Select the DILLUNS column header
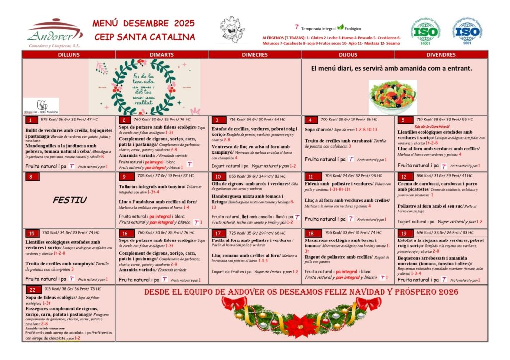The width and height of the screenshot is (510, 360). [x=68, y=55]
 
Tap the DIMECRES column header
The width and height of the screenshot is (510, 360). [x=255, y=55]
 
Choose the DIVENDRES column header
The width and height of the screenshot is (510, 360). [x=441, y=55]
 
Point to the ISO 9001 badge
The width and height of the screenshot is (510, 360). [x=466, y=31]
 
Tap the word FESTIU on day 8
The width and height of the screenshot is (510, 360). [x=69, y=200]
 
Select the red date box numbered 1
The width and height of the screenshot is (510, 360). [x=31, y=120]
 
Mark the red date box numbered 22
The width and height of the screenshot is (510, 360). [x=33, y=289]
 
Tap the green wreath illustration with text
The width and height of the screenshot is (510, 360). [x=144, y=87]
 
